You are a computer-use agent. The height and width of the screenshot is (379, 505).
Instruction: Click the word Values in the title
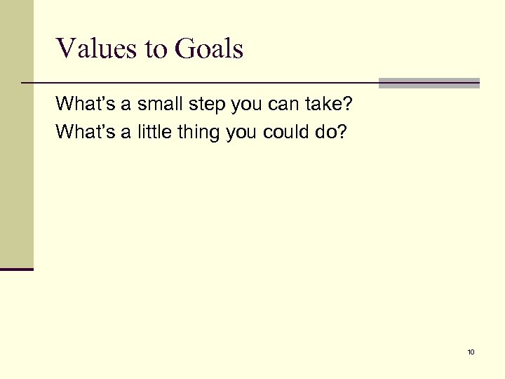tap(90, 49)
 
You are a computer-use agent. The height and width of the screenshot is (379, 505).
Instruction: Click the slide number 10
tap(471, 352)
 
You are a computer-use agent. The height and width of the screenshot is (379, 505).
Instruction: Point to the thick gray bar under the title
tap(429, 83)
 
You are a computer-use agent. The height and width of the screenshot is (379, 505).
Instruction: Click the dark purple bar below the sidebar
tap(17, 268)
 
